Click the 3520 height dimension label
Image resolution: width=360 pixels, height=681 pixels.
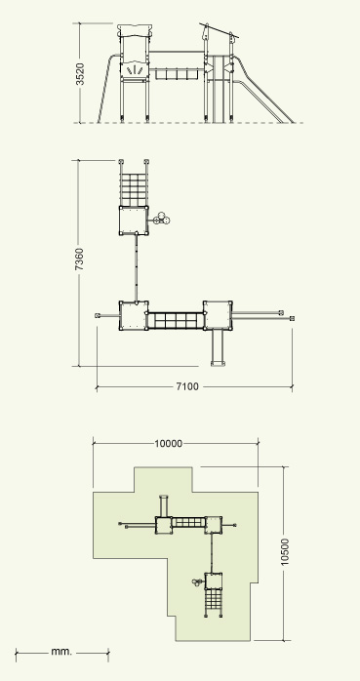[80, 74]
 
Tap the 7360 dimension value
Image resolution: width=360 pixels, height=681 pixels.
[79, 260]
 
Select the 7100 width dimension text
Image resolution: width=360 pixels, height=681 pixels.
[187, 386]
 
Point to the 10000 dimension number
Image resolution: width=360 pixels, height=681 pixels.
[169, 444]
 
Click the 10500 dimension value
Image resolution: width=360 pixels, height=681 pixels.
[285, 551]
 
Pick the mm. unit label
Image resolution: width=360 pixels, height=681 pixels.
[61, 652]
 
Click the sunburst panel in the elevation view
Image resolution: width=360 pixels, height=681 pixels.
[135, 70]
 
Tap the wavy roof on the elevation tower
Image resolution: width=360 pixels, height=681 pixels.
[135, 30]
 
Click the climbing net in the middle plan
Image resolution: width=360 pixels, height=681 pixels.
[134, 190]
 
